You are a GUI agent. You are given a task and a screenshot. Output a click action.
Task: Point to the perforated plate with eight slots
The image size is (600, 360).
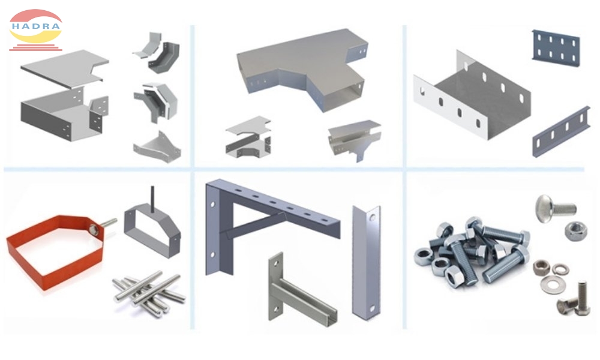click(x=556, y=47)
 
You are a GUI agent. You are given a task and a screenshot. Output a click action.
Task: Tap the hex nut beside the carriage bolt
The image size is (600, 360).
click(x=577, y=229)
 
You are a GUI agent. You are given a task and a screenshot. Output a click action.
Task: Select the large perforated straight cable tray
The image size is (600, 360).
click(x=474, y=99)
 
